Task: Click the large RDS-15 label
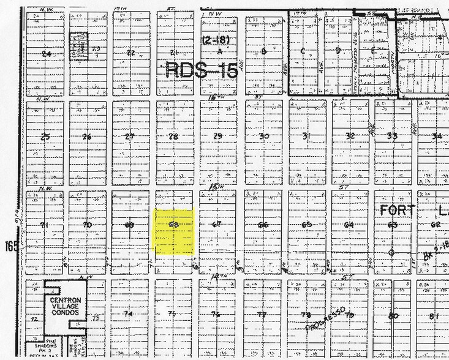pos(201,70)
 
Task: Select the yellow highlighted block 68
pos(173,231)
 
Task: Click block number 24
pos(45,53)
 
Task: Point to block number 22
pos(130,53)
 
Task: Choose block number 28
pos(173,136)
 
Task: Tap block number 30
pos(264,136)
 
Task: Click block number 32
pos(350,136)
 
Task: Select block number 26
pos(87,137)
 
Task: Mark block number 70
pos(87,225)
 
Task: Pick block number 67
pos(216,225)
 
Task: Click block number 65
pos(307,225)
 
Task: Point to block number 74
pos(128,314)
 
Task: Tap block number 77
pos(262,315)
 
